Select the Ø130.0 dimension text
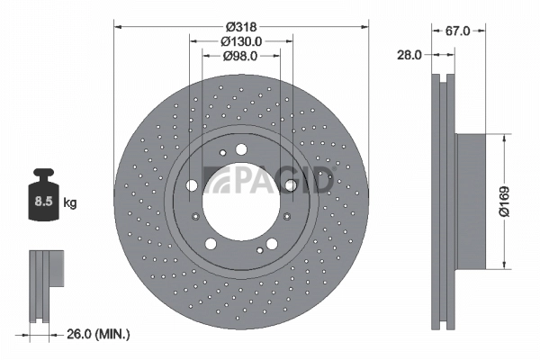coord(240,40)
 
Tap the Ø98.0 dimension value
coord(240,56)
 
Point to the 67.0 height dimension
coord(459,31)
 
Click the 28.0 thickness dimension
coord(409,55)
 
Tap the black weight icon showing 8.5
coord(43,194)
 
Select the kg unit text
coord(70,203)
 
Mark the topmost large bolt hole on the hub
coord(240,151)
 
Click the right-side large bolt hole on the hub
coord(291,187)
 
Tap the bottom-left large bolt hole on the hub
coord(210,244)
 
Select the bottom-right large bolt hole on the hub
coord(271,244)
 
